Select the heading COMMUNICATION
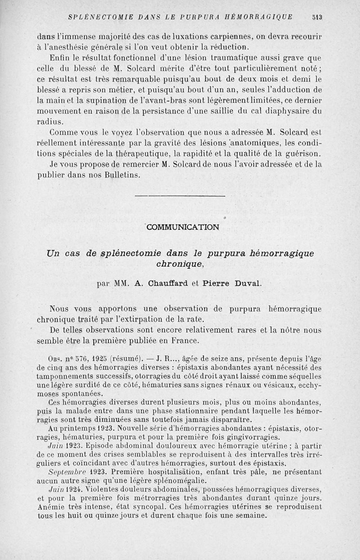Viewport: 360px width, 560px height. [x=183, y=227]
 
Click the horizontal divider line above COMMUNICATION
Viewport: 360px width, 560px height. [x=180, y=196]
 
